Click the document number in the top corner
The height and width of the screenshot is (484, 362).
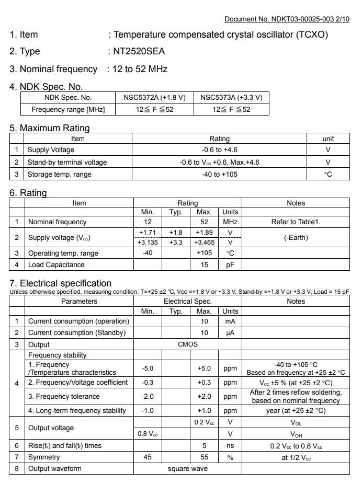point(287,19)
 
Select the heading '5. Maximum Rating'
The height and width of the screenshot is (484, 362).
point(50,128)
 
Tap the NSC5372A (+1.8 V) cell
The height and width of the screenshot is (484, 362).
point(154,97)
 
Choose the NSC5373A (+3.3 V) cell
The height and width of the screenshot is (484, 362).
point(231,97)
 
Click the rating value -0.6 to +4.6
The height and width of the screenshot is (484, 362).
point(219,150)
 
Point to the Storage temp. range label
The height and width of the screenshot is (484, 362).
point(59,175)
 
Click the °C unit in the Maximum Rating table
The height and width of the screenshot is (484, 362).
point(328,175)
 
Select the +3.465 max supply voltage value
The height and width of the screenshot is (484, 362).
point(204,243)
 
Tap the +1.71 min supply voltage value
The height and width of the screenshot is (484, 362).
point(148,232)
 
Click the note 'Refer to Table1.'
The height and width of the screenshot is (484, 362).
point(296,222)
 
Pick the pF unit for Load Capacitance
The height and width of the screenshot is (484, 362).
point(230,265)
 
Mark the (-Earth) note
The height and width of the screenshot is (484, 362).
point(296,237)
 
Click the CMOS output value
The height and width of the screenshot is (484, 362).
point(188,344)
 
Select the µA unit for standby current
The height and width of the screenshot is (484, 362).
point(230,333)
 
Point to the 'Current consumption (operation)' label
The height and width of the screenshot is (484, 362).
point(78,321)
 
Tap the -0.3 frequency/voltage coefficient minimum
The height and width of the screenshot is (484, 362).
point(148,383)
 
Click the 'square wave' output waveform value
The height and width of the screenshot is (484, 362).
point(188,469)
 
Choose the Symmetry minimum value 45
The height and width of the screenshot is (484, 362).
point(148,457)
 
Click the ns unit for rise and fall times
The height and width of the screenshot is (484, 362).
point(230,446)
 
